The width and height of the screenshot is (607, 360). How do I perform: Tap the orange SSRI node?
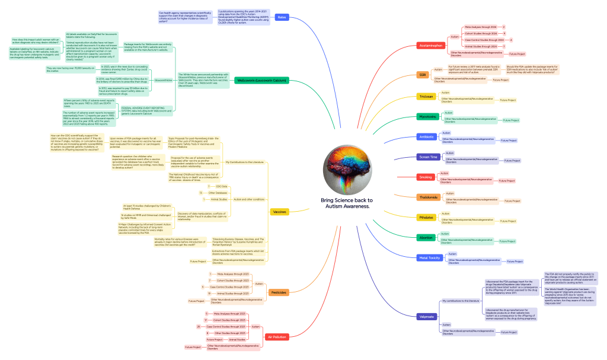[423, 75]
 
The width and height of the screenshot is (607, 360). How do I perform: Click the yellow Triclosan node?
[426, 96]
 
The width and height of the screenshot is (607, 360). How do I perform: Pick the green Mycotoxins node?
[427, 116]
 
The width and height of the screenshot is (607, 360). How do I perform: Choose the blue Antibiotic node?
[426, 137]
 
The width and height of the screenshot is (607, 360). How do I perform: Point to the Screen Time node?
[427, 157]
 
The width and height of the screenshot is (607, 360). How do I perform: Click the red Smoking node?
[425, 177]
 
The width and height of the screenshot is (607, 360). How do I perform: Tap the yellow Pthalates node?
[426, 218]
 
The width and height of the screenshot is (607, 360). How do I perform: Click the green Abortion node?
[426, 238]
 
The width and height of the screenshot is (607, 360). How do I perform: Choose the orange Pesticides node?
[280, 292]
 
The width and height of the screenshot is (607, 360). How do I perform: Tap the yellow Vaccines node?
[279, 212]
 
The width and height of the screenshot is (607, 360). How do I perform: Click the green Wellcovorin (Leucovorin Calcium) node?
[261, 80]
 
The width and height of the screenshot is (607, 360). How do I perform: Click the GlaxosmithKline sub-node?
[164, 79]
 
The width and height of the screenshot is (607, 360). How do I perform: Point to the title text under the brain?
[346, 203]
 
